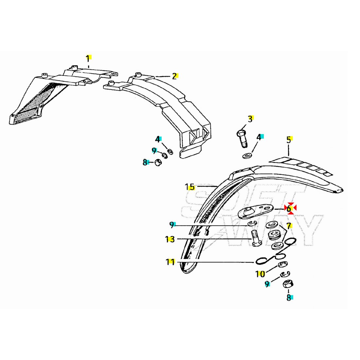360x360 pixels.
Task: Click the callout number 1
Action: point(87,59)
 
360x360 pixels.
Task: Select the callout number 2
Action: point(174,76)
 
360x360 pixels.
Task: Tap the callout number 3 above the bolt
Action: point(250,119)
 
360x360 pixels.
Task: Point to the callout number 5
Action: point(288,140)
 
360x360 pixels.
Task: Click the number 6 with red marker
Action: point(289,208)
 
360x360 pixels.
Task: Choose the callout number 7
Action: point(288,225)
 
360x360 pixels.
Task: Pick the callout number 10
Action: point(261,274)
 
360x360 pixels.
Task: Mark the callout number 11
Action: point(170,262)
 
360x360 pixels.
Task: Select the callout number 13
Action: point(170,239)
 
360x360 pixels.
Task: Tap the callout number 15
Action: point(189,187)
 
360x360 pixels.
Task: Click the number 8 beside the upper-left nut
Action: point(145,162)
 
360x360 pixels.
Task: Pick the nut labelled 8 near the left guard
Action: point(157,162)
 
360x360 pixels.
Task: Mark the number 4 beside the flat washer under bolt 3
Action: point(259,137)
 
